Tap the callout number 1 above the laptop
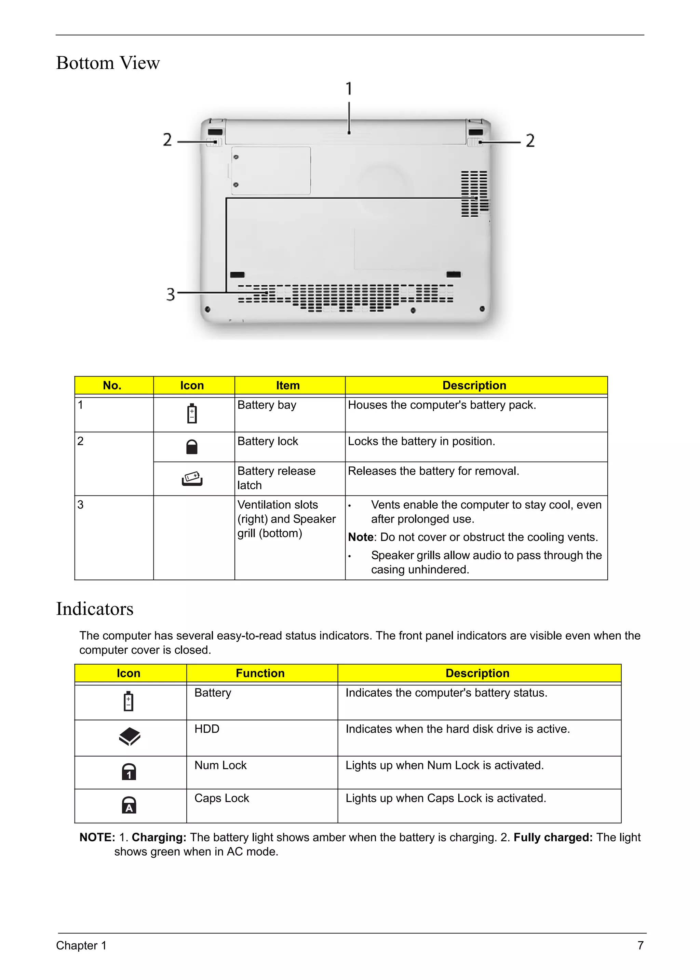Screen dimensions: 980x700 [349, 89]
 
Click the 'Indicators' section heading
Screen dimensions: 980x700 [95, 609]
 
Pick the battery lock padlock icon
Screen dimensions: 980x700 [192, 447]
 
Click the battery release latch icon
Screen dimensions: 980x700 [192, 478]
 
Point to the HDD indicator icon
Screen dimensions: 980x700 [129, 736]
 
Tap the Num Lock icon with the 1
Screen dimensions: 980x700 [129, 772]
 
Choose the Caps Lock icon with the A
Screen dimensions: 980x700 [129, 805]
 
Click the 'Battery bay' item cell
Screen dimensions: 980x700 [267, 405]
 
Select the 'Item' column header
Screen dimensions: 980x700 [288, 385]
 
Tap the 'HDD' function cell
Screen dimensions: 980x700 [207, 729]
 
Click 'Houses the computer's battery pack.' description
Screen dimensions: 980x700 [442, 405]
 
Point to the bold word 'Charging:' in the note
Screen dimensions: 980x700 [159, 838]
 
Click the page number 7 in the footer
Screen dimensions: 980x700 [641, 945]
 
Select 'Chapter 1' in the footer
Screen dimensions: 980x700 [81, 945]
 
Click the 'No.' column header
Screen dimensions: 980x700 [112, 385]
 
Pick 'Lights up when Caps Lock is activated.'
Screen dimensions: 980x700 [446, 798]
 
